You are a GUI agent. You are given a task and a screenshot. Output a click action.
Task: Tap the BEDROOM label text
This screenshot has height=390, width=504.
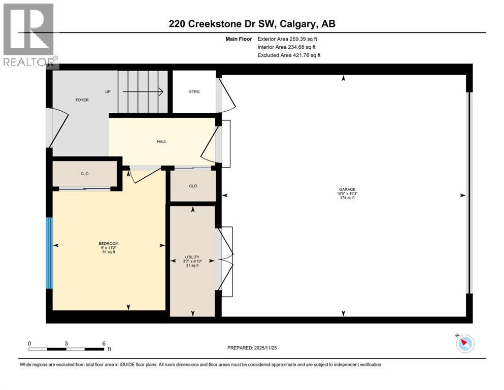pos(108,244)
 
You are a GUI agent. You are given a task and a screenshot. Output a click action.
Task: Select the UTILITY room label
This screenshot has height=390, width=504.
pos(192,257)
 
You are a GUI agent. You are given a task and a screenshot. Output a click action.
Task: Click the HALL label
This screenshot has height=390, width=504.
pos(162,142)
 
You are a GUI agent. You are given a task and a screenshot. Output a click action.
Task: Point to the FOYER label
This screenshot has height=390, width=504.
pos(82,100)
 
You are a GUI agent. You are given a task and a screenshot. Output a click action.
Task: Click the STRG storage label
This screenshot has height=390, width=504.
pos(194,92)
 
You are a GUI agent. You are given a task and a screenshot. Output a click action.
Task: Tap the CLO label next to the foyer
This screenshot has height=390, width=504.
pos(85,174)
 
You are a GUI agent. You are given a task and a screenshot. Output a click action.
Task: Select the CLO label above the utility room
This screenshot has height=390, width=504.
pos(193,186)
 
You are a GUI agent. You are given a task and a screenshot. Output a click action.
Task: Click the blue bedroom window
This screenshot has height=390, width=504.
pos(49,253)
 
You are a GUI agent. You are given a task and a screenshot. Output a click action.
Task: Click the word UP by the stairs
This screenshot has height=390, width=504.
pos(108,92)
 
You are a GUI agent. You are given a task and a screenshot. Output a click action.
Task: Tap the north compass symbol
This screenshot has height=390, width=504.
pos(464,343)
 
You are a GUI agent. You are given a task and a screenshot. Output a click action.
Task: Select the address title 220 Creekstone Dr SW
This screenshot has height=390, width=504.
pos(252,24)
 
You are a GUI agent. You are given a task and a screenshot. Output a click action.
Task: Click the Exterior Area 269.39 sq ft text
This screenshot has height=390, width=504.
pos(289,39)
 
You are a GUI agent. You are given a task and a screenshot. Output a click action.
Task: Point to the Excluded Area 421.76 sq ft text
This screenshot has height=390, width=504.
pos(289,55)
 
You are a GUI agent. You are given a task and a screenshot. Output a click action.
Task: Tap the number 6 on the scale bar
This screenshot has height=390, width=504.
pos(104,343)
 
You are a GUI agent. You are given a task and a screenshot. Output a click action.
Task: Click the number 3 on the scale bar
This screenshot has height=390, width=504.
pos(66,343)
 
